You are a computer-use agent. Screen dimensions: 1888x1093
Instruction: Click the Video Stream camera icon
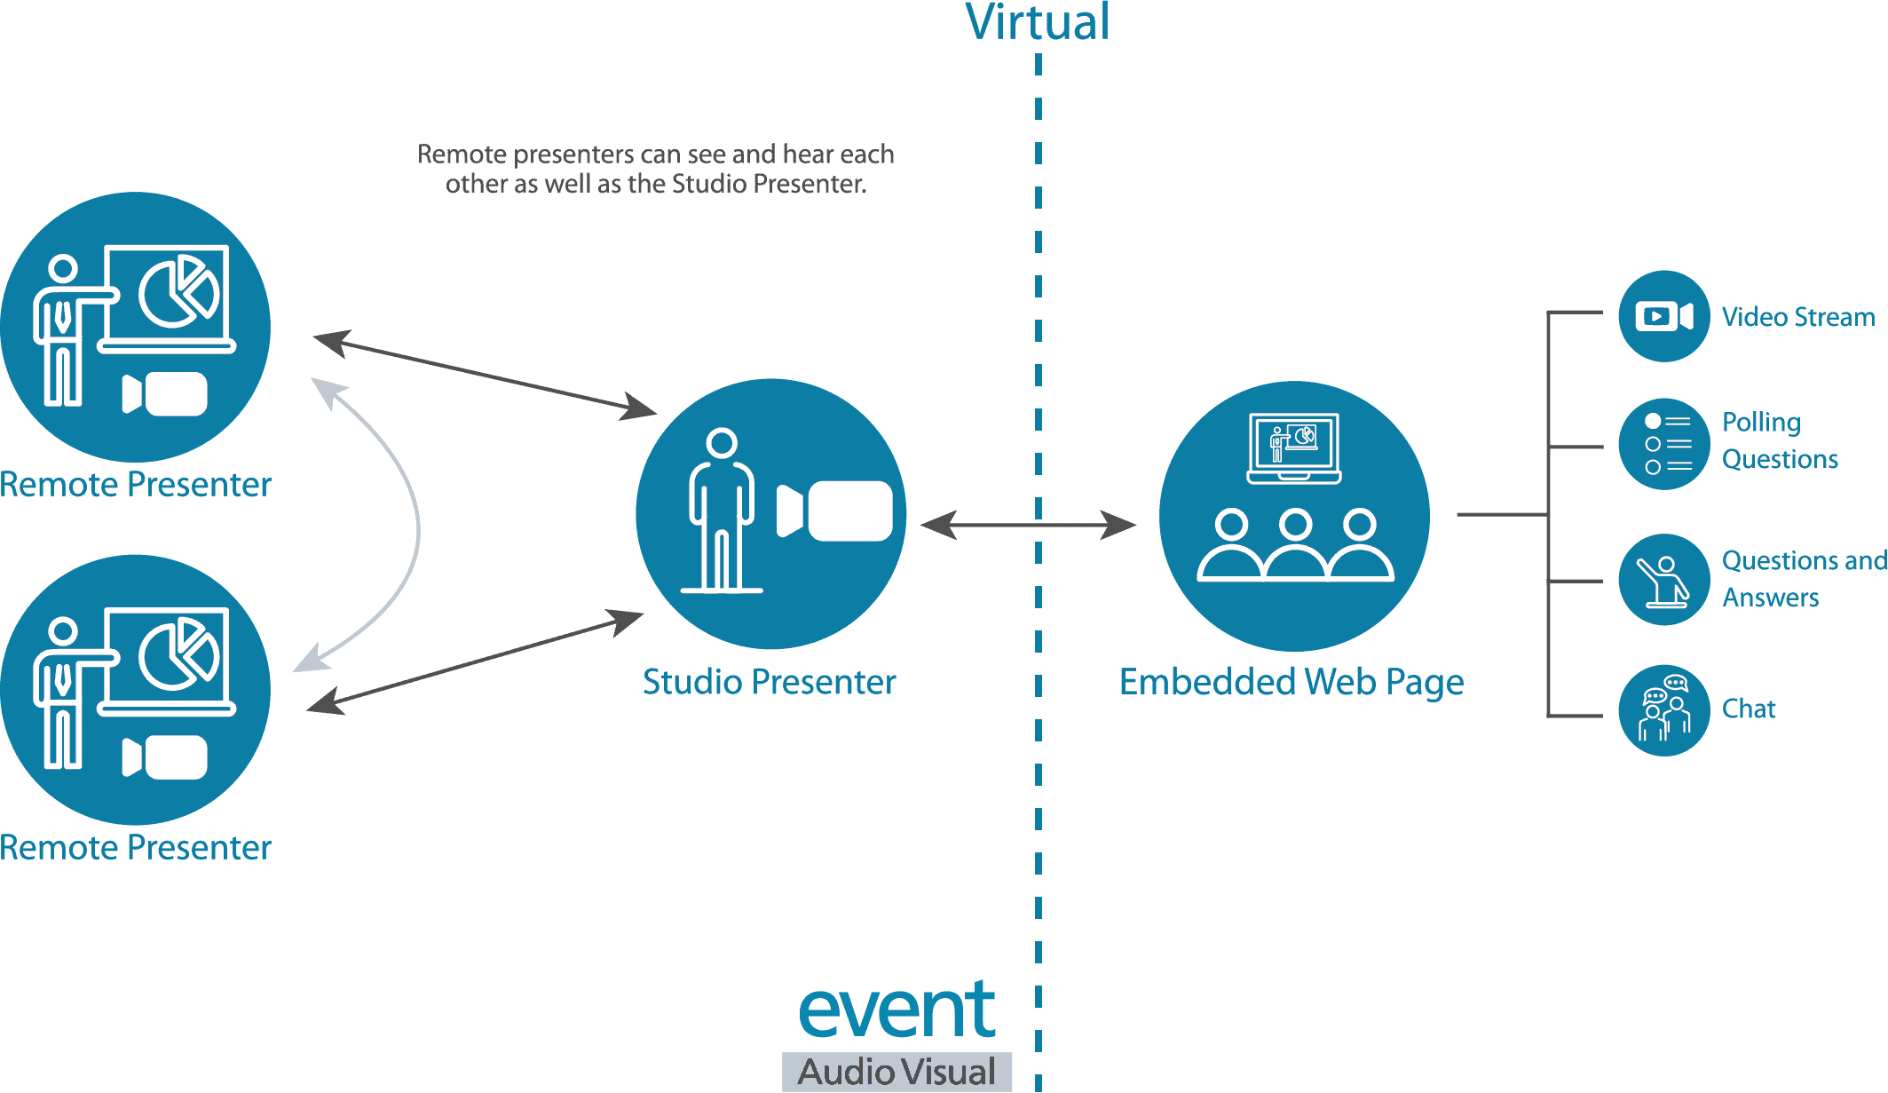pyautogui.click(x=1664, y=316)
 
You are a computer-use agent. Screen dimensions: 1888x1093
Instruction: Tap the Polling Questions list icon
pyautogui.click(x=1664, y=444)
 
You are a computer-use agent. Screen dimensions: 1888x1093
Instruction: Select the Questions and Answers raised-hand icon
pyautogui.click(x=1664, y=580)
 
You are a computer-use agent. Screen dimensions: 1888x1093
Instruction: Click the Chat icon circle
pyautogui.click(x=1664, y=710)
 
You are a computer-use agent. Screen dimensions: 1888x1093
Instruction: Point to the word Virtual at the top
pyautogui.click(x=1038, y=22)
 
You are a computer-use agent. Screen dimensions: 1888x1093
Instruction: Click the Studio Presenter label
pyautogui.click(x=770, y=682)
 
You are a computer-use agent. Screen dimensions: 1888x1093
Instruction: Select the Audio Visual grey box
pyautogui.click(x=897, y=1072)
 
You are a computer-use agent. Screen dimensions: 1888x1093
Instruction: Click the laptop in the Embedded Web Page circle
pyautogui.click(x=1294, y=448)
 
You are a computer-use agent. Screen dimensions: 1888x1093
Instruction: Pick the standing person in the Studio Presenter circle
pyautogui.click(x=722, y=511)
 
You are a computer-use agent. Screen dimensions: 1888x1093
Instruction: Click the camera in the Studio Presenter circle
pyautogui.click(x=834, y=511)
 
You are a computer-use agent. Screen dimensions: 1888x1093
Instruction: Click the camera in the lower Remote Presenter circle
pyautogui.click(x=165, y=757)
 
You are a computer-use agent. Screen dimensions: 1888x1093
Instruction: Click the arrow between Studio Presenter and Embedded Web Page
pyautogui.click(x=1029, y=525)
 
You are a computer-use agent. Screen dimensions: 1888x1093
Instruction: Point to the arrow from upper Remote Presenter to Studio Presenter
pyautogui.click(x=486, y=375)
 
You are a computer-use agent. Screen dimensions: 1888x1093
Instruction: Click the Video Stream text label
pyautogui.click(x=1798, y=317)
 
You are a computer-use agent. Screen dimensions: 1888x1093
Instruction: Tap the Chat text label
pyautogui.click(x=1749, y=709)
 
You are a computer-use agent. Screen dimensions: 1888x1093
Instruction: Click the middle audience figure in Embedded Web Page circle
pyautogui.click(x=1296, y=544)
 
